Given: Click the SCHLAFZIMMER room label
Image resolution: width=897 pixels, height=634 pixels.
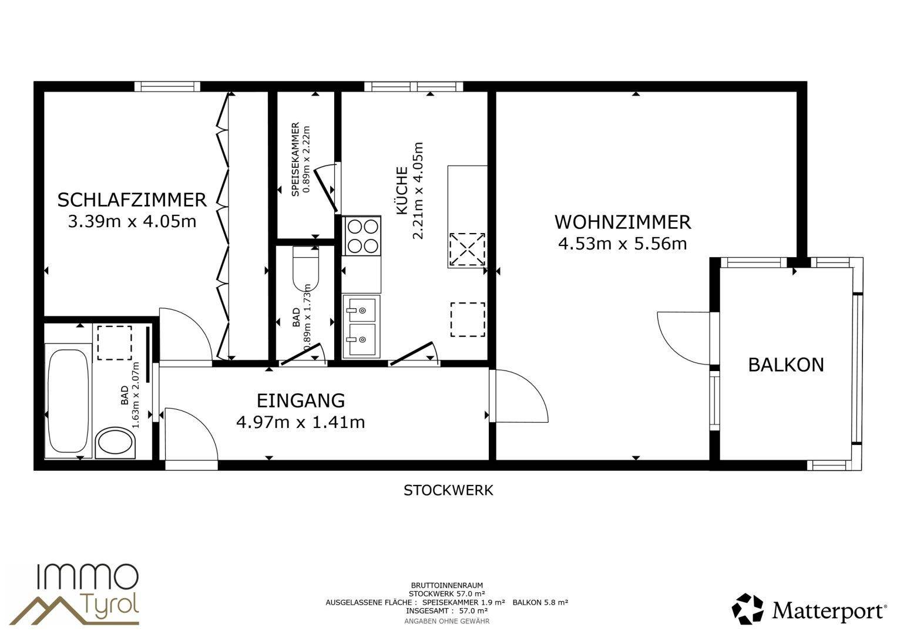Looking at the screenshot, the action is point(132,200).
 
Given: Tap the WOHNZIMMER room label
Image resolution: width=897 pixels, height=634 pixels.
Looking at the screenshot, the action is point(623,222).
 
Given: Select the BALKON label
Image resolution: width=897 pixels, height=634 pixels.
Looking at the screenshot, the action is point(786,365).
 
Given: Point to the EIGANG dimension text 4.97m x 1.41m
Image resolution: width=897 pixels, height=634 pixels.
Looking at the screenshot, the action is point(301,422).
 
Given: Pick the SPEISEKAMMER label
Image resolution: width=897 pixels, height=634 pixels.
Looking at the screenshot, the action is point(295,159).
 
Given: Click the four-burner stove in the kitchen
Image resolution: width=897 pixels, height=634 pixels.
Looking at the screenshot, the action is point(362,236).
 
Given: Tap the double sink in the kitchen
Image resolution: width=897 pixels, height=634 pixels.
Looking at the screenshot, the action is point(362,326).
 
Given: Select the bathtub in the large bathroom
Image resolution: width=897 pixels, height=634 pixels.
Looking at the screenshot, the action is point(68,400).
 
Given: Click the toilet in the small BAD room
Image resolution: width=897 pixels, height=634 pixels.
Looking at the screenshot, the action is point(306,268).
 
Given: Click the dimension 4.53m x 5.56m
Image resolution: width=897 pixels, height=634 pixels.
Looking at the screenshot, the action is point(623,244).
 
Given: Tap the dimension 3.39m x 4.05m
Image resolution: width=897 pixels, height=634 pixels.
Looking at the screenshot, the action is point(132,221).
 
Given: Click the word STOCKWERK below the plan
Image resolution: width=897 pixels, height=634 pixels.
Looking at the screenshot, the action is point(448,490).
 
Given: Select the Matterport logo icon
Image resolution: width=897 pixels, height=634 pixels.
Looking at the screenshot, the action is point(748,609).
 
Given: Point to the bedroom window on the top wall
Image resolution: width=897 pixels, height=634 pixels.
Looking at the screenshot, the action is point(167,86).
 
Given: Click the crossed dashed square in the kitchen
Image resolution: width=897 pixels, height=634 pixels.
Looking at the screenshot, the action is point(468,249).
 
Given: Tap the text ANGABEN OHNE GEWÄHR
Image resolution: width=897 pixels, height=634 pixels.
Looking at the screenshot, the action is point(447,621).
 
